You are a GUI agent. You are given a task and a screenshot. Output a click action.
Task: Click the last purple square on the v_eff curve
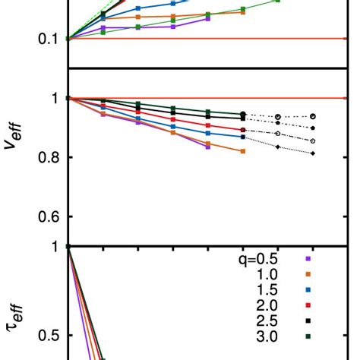(x=208, y=147)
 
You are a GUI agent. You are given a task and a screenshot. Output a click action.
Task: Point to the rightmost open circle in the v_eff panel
(x=314, y=116)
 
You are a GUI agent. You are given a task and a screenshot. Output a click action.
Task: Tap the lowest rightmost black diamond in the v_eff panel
(x=314, y=154)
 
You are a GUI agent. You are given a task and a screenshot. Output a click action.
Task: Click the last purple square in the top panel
(x=208, y=18)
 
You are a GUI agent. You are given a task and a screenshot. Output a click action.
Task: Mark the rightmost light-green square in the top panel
(x=278, y=1)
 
